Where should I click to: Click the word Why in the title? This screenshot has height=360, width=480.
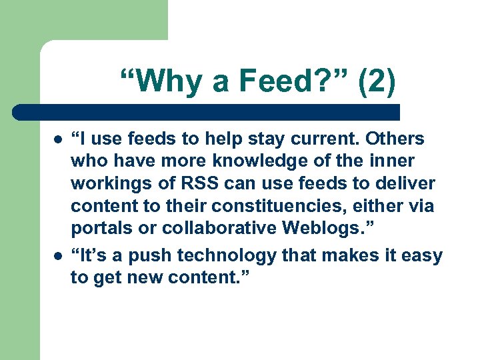pos(160,81)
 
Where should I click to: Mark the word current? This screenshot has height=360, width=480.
pos(312,139)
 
